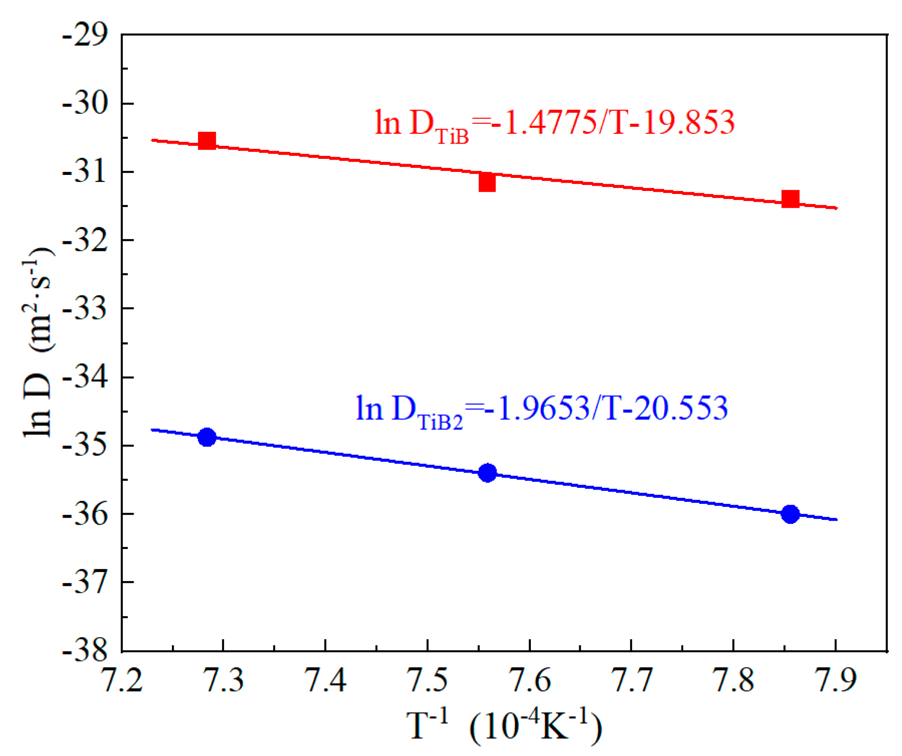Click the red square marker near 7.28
pos(207,141)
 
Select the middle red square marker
pos(487,182)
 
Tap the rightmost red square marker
pos(790,199)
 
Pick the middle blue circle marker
pos(487,473)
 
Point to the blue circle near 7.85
pos(790,514)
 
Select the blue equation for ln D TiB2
pos(541,409)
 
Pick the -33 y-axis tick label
pos(85,309)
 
